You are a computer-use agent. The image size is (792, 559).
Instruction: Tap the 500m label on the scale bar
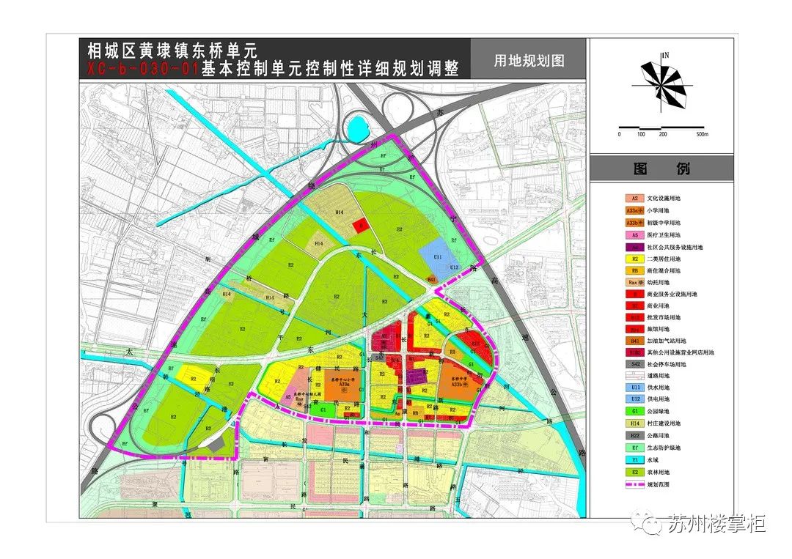pos(702,134)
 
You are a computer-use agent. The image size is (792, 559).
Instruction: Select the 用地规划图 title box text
pos(529,62)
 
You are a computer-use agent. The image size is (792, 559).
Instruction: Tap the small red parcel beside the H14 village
pos(359,226)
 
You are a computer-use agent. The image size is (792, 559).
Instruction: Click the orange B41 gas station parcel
pos(432,281)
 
